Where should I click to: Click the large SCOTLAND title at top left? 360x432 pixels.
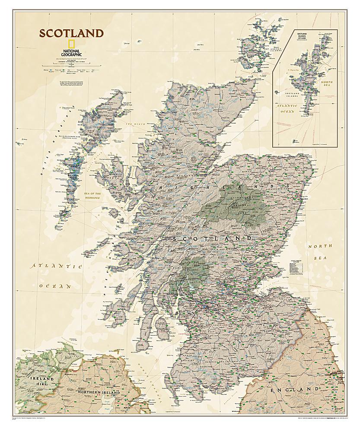click(72, 33)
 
